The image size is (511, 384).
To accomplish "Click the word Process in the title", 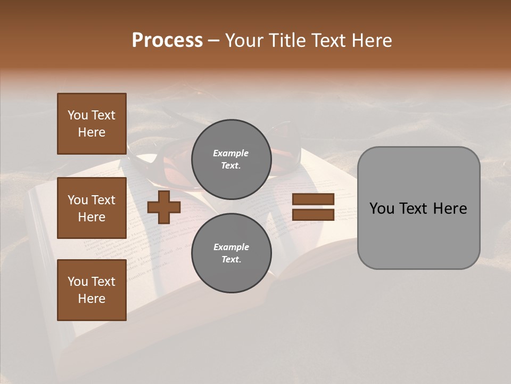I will tap(167, 41).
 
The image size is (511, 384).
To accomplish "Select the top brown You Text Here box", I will tap(92, 124).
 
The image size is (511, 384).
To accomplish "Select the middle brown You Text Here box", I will tap(92, 208).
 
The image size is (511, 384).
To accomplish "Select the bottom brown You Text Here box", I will tap(92, 290).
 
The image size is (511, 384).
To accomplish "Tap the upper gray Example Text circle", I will tap(231, 159).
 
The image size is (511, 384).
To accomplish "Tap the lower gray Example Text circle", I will tap(231, 253).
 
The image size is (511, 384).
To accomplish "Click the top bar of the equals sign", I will tap(313, 199).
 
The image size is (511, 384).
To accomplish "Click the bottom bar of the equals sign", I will tap(313, 215).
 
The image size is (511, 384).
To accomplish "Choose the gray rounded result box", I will tap(418, 208).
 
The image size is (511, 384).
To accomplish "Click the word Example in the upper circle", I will tap(231, 154).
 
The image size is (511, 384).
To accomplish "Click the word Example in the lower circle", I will tap(231, 247).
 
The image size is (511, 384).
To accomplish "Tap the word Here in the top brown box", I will tap(92, 132).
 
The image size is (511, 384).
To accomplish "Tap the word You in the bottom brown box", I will tap(78, 282).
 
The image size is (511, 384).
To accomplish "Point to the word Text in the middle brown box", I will tap(103, 200).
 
